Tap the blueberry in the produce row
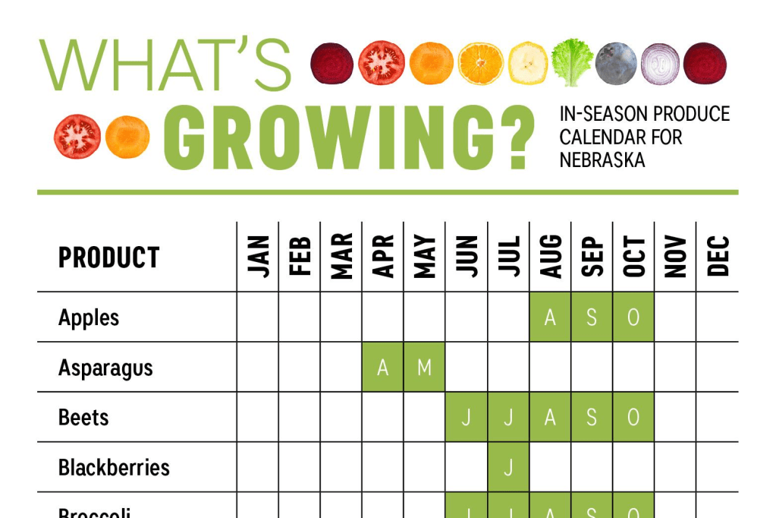tap(615, 63)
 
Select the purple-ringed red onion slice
tap(660, 63)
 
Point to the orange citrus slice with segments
tap(480, 63)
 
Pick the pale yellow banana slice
tap(527, 63)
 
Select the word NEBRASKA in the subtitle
tap(602, 160)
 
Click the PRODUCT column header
tap(109, 258)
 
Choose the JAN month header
tap(258, 256)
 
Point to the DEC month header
tap(717, 256)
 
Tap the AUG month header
tap(550, 256)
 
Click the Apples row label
tap(89, 317)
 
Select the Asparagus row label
tap(105, 368)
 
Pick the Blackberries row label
tap(114, 466)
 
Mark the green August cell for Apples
tap(550, 317)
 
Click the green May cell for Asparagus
tap(425, 367)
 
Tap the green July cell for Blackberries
tap(508, 466)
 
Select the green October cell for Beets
tap(633, 417)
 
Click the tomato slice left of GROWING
tap(77, 137)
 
